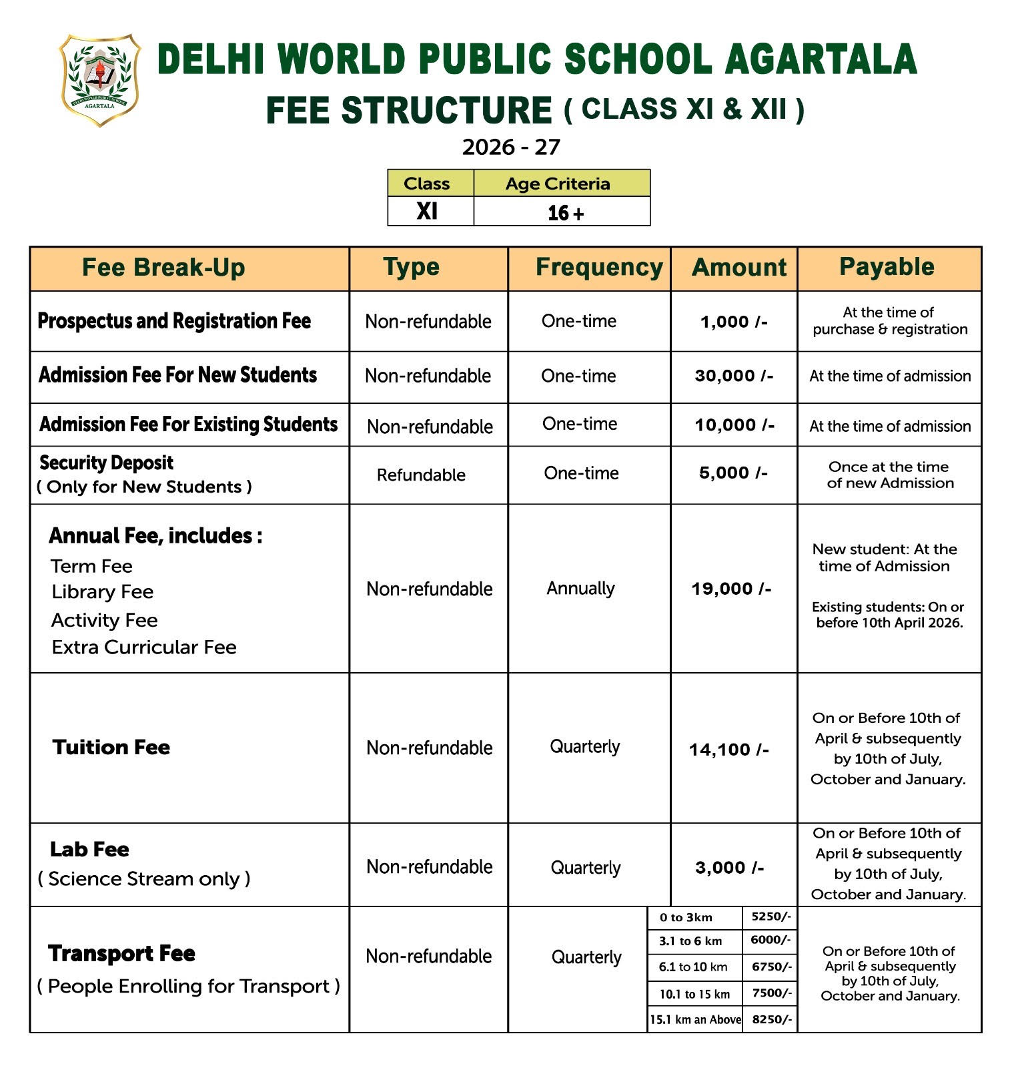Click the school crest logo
(x=99, y=79)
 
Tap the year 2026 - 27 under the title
(x=511, y=147)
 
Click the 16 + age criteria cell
(x=564, y=213)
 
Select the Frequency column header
(x=598, y=267)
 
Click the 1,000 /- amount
(x=734, y=322)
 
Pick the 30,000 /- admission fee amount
(x=734, y=376)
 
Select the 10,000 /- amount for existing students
(x=734, y=425)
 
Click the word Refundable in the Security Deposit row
(x=421, y=475)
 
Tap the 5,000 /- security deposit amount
(x=733, y=473)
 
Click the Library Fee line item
(x=103, y=592)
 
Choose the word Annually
(x=580, y=588)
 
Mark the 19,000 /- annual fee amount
(x=731, y=589)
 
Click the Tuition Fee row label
(x=111, y=747)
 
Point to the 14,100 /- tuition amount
(x=729, y=750)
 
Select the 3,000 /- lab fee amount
(x=730, y=868)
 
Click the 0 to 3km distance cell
(x=686, y=918)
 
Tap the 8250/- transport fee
(x=772, y=1019)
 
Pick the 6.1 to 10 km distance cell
(x=693, y=967)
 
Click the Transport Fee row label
(x=121, y=954)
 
